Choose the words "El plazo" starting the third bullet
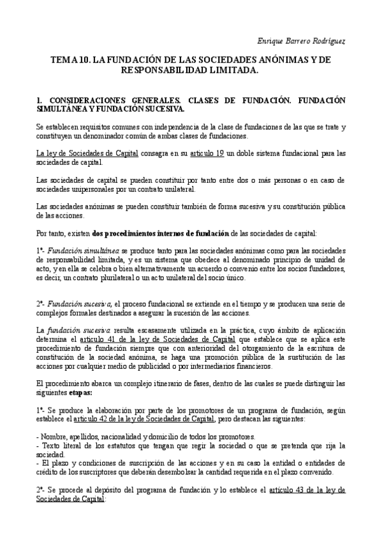coord(56,463)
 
